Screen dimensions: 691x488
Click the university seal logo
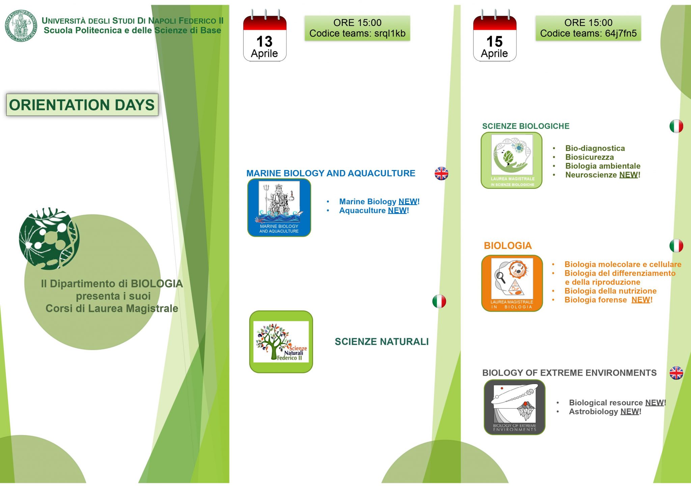[x=21, y=26]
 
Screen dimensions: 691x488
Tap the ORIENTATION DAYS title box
[x=82, y=105]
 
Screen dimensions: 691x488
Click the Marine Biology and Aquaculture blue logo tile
[x=279, y=207]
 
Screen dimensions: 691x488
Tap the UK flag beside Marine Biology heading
[x=441, y=174]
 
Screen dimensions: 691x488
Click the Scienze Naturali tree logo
[x=281, y=342]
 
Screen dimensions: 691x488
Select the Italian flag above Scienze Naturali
[x=439, y=301]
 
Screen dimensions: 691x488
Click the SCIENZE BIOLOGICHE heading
[x=526, y=126]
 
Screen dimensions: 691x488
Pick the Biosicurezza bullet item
[x=589, y=157]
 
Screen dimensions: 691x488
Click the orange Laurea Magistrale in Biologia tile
[x=512, y=283]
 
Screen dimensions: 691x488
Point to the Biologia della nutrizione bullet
[x=610, y=291]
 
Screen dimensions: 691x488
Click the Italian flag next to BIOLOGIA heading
[x=676, y=246]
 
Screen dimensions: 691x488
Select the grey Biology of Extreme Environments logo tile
[x=515, y=407]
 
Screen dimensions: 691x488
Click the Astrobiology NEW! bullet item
[x=605, y=411]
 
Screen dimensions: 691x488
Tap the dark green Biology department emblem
[x=49, y=238]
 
